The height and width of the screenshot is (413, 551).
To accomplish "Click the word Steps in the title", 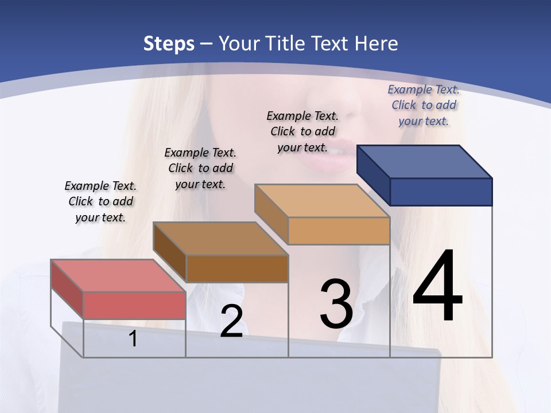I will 169,44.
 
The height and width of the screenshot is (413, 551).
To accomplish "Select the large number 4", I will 437,287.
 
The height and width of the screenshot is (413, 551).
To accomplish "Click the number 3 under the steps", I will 336,304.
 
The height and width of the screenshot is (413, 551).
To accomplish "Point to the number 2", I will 231,321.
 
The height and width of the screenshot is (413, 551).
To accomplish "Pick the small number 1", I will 133,338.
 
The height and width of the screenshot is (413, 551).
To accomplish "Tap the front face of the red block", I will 134,305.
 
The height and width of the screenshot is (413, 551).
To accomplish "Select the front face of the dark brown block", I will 237,268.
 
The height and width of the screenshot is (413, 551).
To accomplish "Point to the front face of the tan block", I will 339,231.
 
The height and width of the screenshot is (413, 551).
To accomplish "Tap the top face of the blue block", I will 424,161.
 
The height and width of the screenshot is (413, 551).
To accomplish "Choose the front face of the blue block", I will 441,192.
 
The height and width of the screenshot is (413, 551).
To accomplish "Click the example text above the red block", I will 100,201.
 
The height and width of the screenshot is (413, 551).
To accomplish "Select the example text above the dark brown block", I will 200,168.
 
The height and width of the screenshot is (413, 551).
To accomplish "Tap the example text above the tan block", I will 302,131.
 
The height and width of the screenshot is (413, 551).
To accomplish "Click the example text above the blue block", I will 424,105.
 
